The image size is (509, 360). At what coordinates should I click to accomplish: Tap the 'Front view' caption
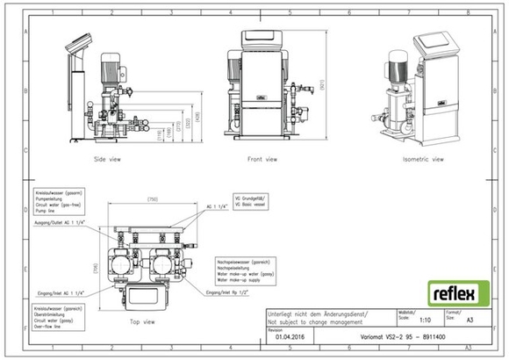click(x=261, y=160)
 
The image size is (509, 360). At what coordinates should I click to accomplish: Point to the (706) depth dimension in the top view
click(x=97, y=267)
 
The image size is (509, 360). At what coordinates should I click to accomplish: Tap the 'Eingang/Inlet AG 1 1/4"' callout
click(x=61, y=291)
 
